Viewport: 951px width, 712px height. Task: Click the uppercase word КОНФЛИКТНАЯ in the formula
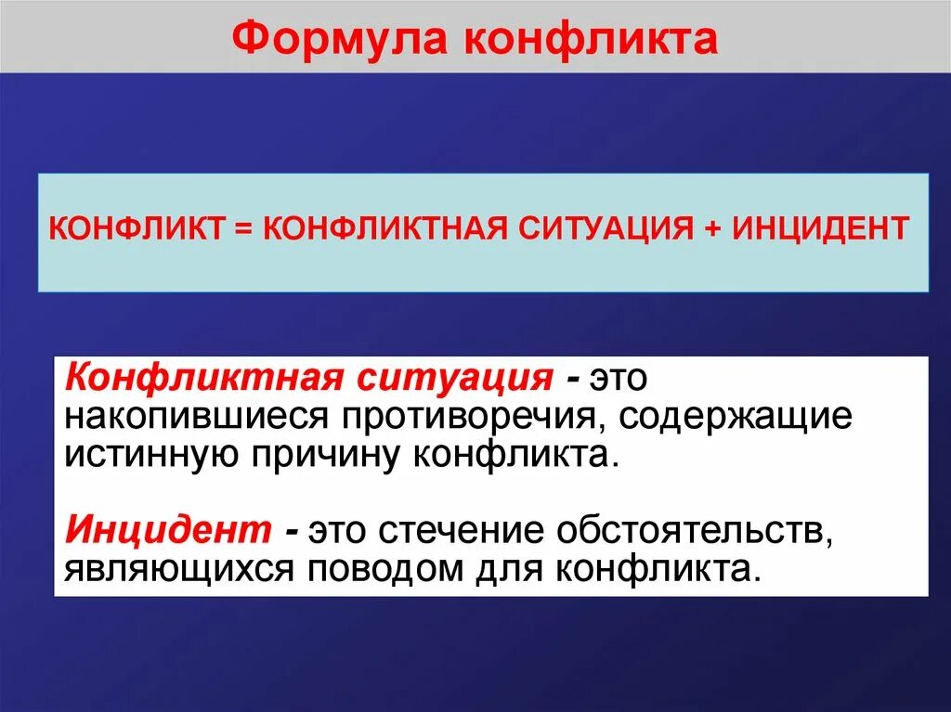coord(378,227)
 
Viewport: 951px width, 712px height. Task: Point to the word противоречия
coord(463,417)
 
